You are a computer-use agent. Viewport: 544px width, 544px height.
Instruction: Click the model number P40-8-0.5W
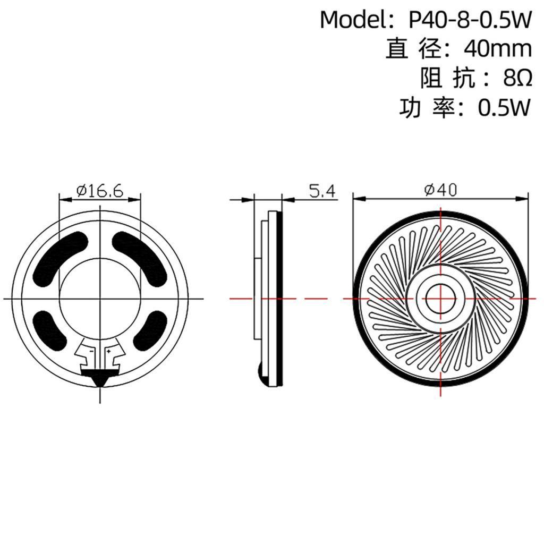[470, 21]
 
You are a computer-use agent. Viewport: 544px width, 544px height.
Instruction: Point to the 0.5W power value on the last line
[504, 108]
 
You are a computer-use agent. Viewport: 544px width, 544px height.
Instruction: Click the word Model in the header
[351, 21]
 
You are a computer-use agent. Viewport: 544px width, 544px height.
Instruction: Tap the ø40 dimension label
[440, 190]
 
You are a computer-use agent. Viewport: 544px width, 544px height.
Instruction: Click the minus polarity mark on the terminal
[91, 351]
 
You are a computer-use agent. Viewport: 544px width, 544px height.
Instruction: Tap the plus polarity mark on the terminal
[109, 351]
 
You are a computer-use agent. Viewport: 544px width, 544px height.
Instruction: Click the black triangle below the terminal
[100, 379]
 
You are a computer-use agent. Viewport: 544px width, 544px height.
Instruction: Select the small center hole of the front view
[441, 299]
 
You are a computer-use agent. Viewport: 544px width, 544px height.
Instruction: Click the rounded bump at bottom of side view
[262, 375]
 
